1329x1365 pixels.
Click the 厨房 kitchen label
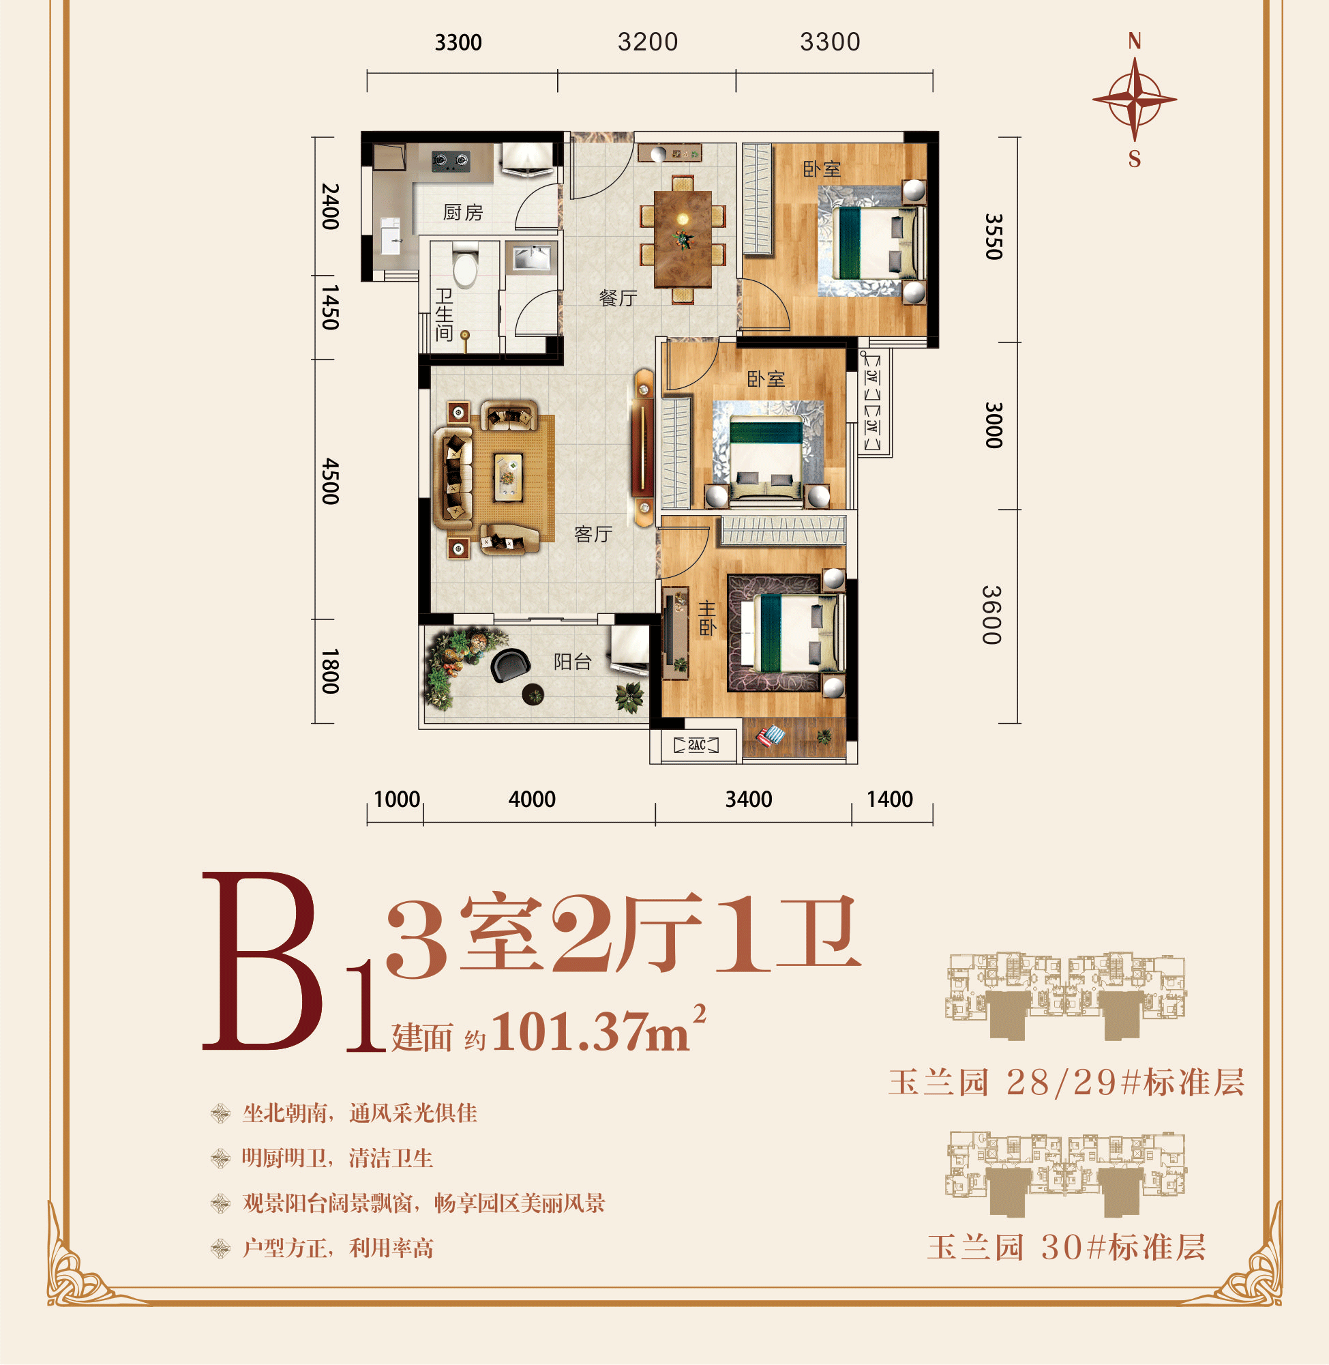click(463, 212)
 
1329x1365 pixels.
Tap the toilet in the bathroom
click(465, 268)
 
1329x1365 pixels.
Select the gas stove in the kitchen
click(450, 161)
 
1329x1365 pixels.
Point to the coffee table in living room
click(508, 478)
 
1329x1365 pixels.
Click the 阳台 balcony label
click(572, 661)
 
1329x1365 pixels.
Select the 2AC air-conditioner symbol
click(696, 745)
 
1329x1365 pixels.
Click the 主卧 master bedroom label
click(707, 618)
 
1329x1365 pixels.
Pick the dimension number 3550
click(994, 237)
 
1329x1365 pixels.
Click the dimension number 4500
click(330, 481)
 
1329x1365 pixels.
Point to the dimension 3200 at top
click(647, 42)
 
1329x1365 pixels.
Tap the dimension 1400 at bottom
click(889, 799)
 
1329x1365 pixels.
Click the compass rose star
click(1134, 100)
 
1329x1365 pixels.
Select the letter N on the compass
click(1134, 42)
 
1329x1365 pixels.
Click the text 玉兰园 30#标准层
click(1066, 1248)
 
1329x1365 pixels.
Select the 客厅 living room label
click(593, 534)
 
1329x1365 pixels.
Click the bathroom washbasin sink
click(531, 258)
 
